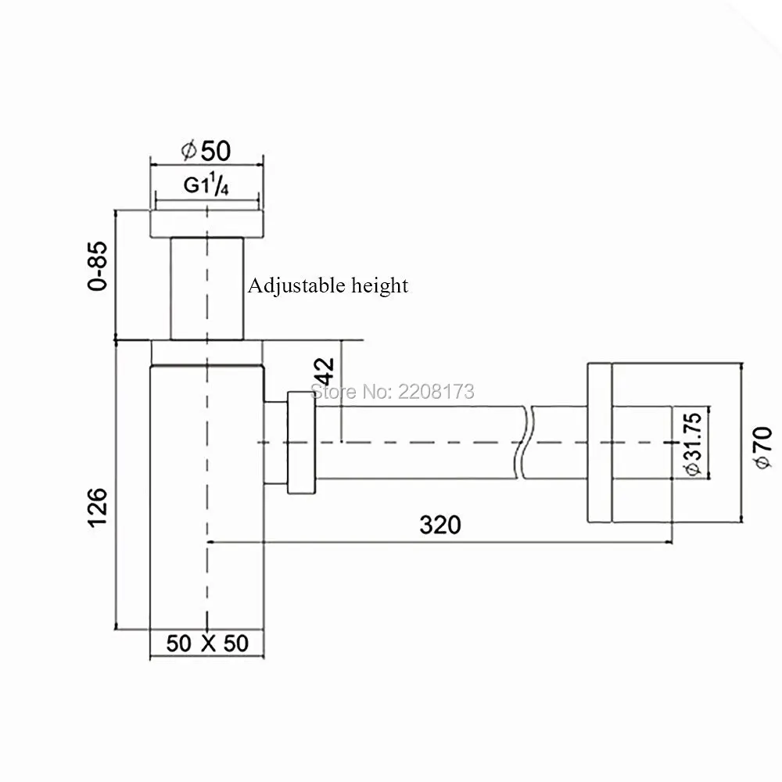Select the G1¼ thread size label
(206, 186)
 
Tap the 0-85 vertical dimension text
(97, 266)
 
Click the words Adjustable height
(328, 285)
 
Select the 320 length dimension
(440, 525)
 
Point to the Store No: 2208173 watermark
(393, 390)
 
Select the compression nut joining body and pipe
(301, 442)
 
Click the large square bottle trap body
(206, 500)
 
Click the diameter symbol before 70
(762, 462)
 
